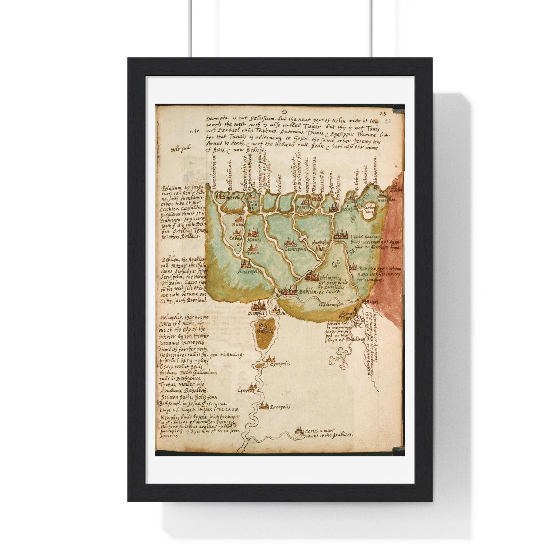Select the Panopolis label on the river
tap(280, 407)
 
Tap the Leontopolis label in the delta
tap(295, 249)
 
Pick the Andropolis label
tap(248, 272)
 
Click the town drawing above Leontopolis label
tap(290, 243)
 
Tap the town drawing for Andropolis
tap(245, 264)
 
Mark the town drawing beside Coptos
tap(299, 431)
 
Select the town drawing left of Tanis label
tap(341, 234)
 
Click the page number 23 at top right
tap(383, 114)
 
